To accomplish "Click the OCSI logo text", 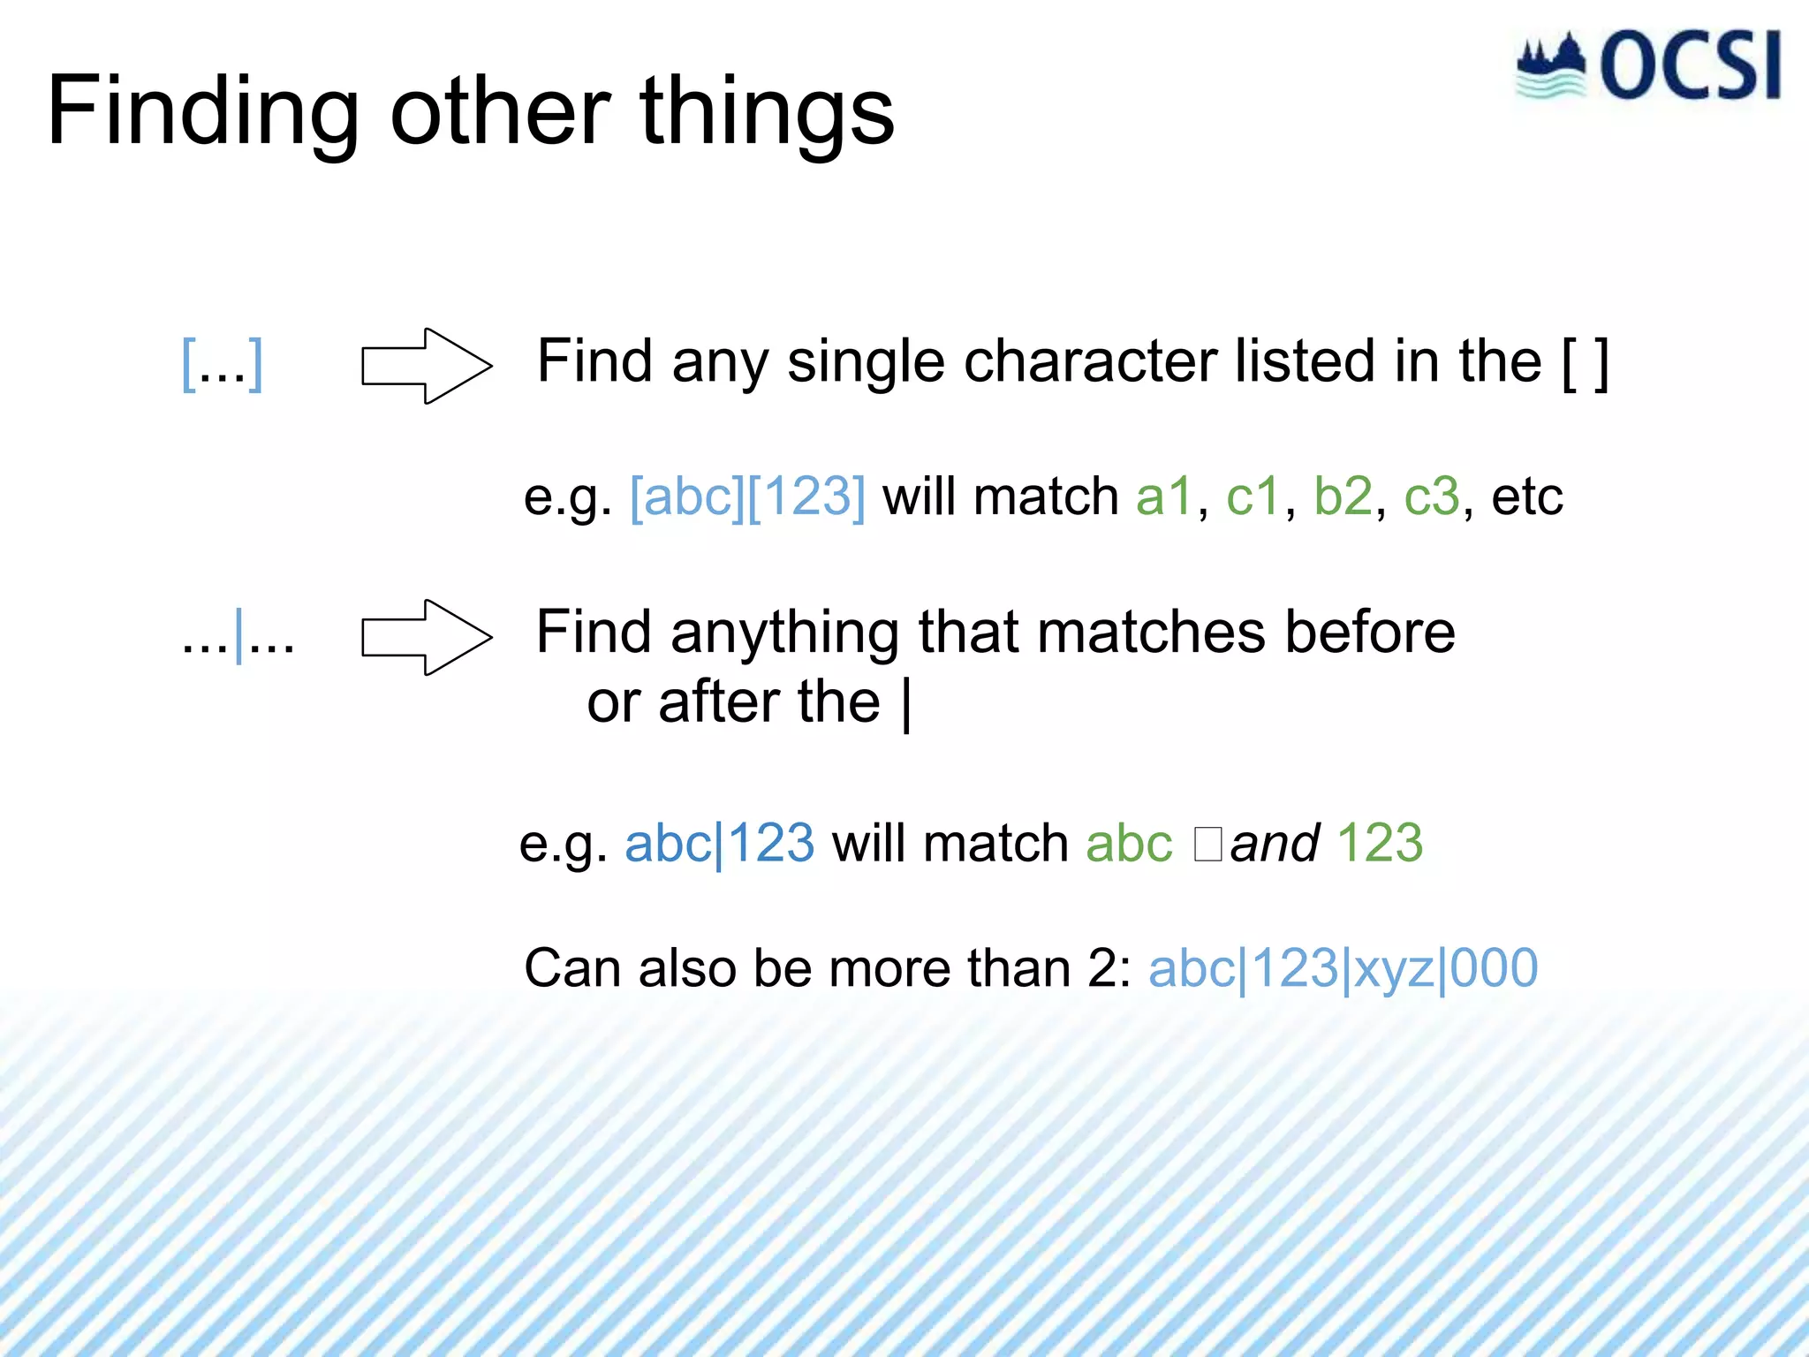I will (x=1689, y=67).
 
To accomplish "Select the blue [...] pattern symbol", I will (x=222, y=364).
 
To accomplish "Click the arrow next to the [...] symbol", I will (x=427, y=366).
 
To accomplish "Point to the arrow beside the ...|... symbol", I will (x=427, y=637).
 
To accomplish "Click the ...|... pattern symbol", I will (x=238, y=637).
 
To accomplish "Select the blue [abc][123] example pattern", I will (x=747, y=497).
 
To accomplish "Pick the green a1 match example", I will (x=1164, y=497).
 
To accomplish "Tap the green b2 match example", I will (x=1343, y=497).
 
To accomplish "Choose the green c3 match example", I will (x=1432, y=497).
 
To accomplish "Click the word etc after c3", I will (x=1527, y=497).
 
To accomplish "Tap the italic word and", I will (x=1275, y=844).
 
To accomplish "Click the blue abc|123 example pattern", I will (x=719, y=844).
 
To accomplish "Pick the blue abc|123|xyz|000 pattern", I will (x=1343, y=968).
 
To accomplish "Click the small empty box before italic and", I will (x=1207, y=844).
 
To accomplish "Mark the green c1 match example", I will (x=1253, y=497).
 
